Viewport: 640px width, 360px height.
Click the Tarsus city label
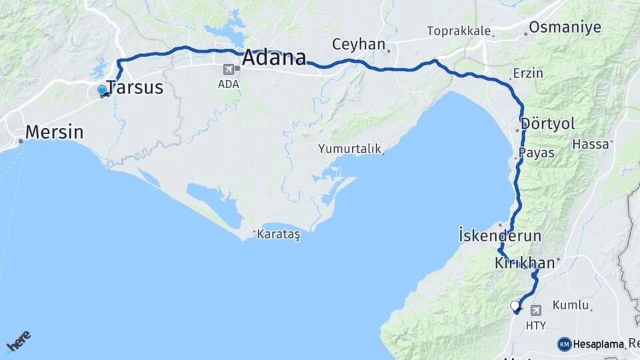135,87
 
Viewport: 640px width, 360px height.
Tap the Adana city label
274,58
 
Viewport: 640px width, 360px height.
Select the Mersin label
55,132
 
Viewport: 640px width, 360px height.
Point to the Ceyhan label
359,45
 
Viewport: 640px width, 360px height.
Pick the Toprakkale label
459,31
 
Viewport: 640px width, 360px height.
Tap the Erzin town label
528,73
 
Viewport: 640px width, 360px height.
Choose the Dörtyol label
548,124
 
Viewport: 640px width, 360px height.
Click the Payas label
537,153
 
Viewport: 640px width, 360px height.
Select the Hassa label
591,144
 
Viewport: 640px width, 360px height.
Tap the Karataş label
279,234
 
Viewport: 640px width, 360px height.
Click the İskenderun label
500,236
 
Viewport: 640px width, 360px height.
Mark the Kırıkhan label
525,263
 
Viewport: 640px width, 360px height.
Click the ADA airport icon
229,69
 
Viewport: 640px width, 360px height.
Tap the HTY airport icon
536,310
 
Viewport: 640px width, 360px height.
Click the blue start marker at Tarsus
102,90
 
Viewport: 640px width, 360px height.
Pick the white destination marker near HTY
515,307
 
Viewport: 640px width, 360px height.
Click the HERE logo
18,341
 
